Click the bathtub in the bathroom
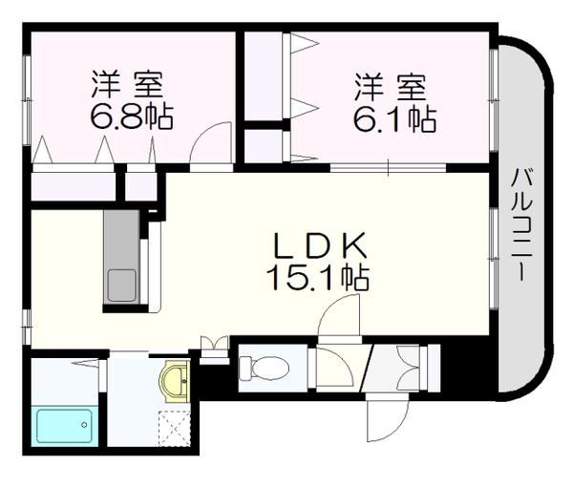[x=64, y=426]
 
